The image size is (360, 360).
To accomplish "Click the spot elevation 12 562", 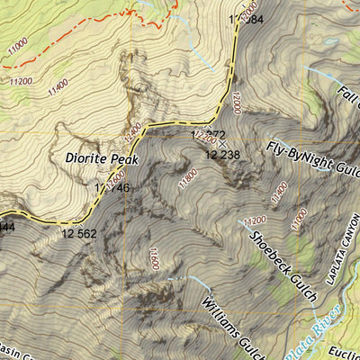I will click(79, 233).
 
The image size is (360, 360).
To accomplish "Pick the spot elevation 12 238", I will click(222, 155).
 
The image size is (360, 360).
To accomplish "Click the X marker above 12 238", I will click(222, 143).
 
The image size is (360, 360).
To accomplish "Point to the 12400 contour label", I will click(133, 129).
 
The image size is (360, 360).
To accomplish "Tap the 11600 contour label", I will click(154, 258).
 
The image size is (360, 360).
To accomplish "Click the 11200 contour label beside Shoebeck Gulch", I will click(255, 220).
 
